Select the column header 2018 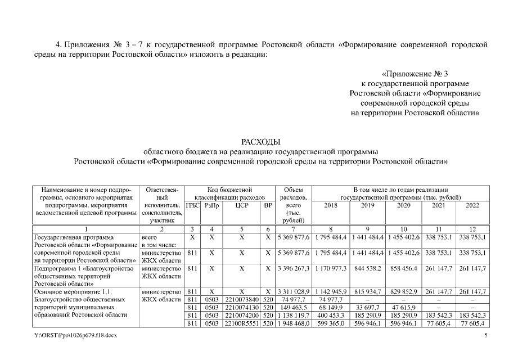331,205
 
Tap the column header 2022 472,205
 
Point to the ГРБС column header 192,205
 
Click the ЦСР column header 242,205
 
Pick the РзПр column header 211,205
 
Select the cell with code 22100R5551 242,323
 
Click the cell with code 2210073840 242,300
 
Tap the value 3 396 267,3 293,268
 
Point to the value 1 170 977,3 331,268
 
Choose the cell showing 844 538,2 368,268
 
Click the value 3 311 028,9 293,292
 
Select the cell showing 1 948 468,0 293,323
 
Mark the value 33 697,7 368,308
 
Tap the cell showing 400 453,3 331,316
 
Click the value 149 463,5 293,308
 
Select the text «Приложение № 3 415,74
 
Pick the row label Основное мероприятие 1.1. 73,292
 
